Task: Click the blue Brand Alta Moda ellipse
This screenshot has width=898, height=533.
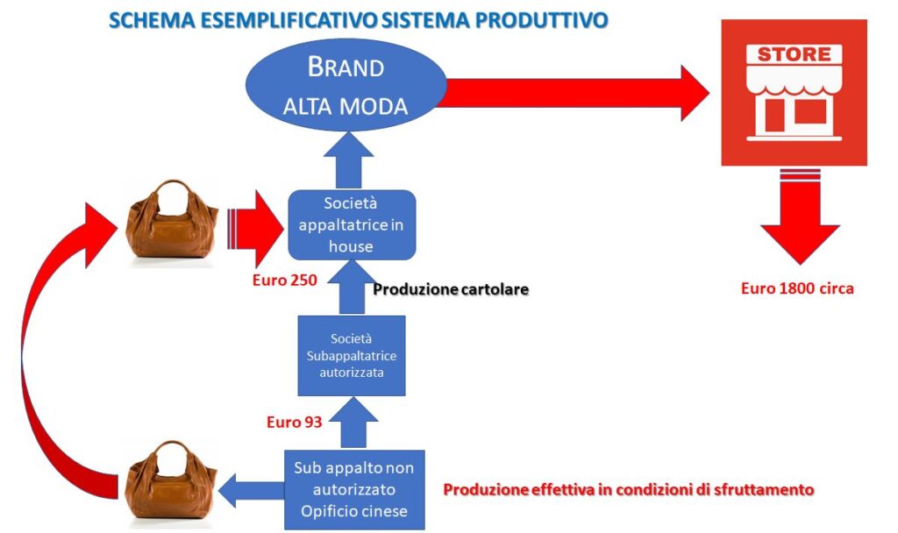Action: (346, 85)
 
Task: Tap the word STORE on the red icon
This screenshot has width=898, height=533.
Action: (794, 54)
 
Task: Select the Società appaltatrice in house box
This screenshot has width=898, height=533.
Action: (352, 225)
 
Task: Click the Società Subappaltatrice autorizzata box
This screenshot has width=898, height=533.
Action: (352, 356)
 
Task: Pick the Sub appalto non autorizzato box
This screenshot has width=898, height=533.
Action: (354, 489)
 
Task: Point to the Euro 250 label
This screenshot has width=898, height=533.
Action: (285, 281)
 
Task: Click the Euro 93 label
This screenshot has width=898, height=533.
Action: (295, 423)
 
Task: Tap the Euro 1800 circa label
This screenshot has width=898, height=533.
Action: (797, 288)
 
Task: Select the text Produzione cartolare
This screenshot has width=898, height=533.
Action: (451, 289)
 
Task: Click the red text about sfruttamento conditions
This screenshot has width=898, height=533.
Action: (629, 490)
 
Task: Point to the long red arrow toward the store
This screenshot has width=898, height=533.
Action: (573, 93)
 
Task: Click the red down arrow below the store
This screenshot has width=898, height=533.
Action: (800, 217)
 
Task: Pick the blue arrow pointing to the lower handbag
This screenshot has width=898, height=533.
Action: (252, 490)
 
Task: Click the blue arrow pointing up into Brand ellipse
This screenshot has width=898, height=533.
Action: (348, 161)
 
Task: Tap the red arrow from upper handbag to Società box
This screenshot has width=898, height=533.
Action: (255, 229)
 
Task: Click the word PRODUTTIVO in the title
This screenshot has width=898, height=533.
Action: (542, 20)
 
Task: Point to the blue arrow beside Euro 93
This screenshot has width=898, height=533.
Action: (353, 423)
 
